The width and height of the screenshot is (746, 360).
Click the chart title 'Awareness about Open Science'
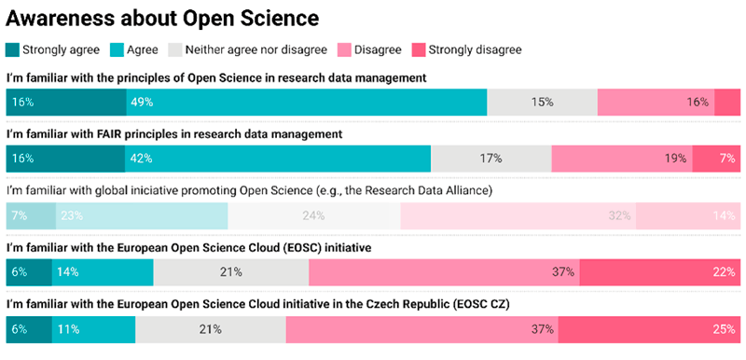tap(162, 18)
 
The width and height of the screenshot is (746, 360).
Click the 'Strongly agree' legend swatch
tap(12, 49)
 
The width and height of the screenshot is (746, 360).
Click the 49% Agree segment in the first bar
tap(306, 102)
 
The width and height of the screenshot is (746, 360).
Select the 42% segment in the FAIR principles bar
tap(277, 159)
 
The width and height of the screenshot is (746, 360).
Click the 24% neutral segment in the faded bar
tap(313, 215)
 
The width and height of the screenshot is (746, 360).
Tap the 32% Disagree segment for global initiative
tap(518, 215)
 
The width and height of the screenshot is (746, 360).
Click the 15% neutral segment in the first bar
tap(542, 102)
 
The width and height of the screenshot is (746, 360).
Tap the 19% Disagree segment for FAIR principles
tap(622, 159)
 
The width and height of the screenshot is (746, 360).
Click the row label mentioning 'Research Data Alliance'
tap(249, 191)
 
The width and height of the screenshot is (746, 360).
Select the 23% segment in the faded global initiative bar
tap(142, 215)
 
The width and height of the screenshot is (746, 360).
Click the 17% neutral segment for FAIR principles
tap(490, 159)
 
